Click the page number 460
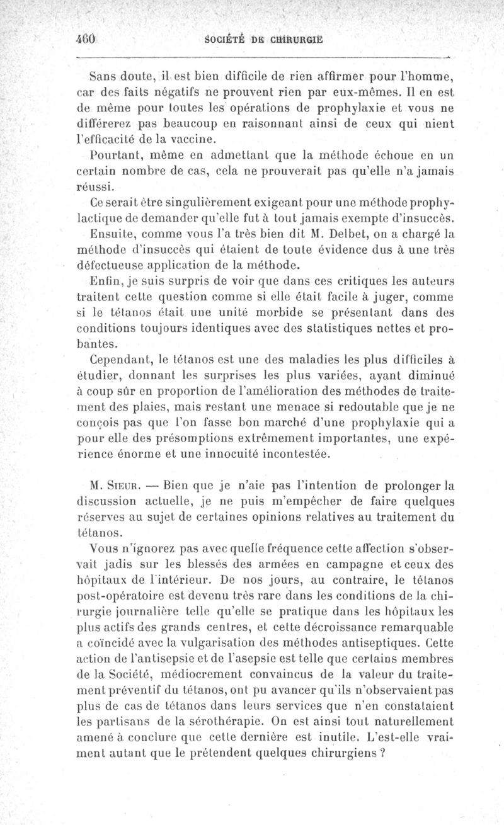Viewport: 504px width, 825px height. point(84,37)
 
